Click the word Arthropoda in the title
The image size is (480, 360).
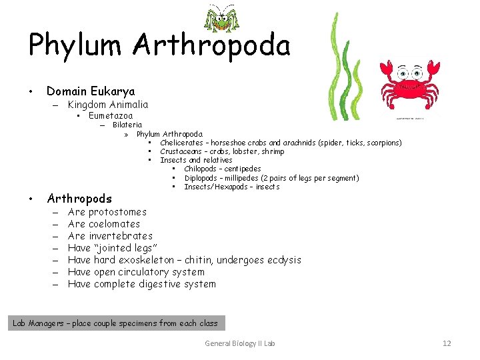point(211,46)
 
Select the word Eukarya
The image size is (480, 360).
point(115,91)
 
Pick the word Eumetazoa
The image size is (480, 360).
point(111,116)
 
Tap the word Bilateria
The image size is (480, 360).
point(127,125)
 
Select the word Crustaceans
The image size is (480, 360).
point(181,151)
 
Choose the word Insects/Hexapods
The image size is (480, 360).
point(214,187)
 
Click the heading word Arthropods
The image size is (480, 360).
point(79,199)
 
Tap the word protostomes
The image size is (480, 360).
point(117,212)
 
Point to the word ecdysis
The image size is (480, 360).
point(284,260)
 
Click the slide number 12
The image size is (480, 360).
point(447,343)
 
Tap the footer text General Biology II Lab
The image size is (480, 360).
point(240,343)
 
